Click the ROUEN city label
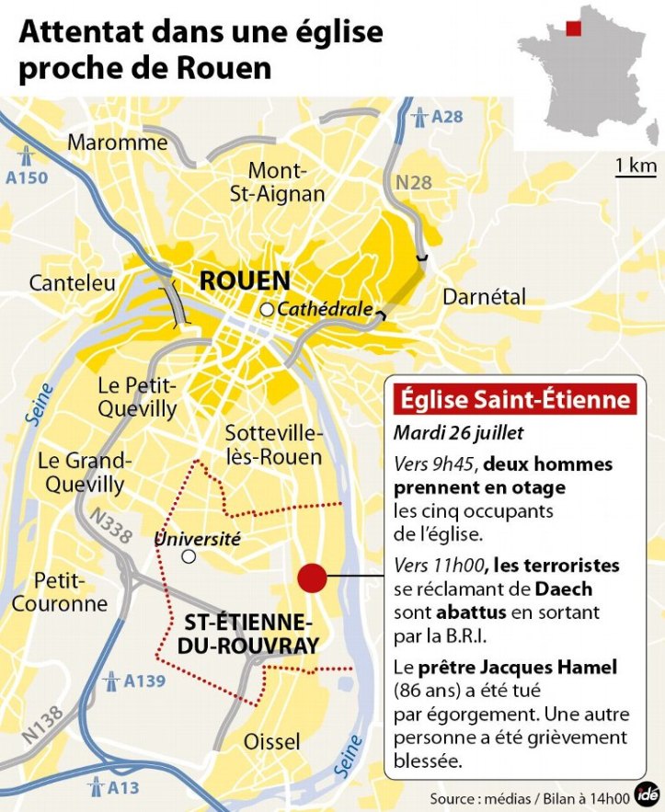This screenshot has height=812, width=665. pos(245,280)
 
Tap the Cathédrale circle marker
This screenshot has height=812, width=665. pos(267,310)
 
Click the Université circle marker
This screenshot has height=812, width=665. pos(189,556)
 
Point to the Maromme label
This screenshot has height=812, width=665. pos(118,143)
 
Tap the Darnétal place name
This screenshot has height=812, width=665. pos(485,297)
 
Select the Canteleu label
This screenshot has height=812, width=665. pos(73,283)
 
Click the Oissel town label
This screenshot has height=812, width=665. pos(271,741)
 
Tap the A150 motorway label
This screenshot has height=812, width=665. pos(27,166)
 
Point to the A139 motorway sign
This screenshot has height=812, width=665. pos(132,681)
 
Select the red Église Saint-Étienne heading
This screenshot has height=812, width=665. pos(515,400)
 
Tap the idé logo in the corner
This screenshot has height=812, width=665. pos(649,795)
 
